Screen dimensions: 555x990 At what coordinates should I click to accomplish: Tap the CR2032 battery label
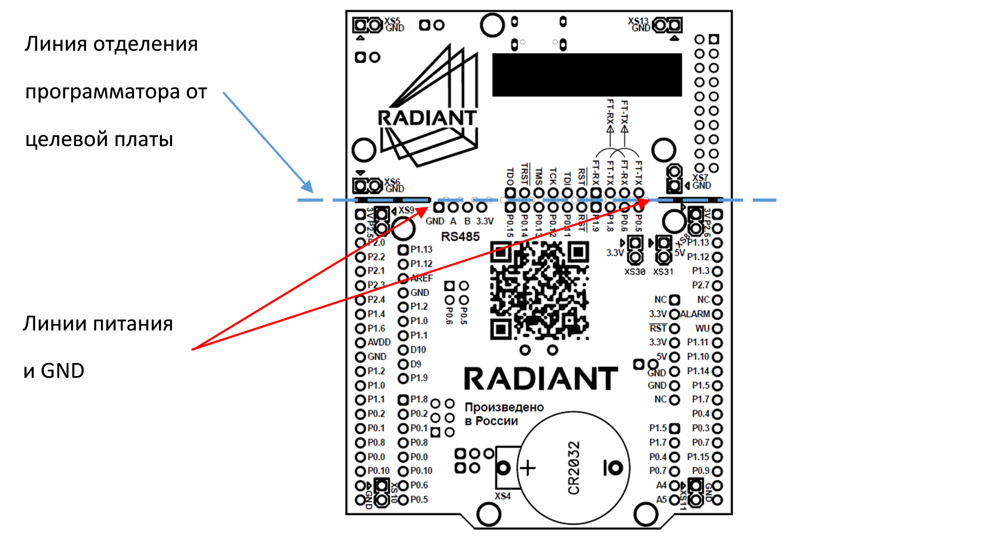[574, 468]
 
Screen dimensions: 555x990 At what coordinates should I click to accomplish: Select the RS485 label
[460, 236]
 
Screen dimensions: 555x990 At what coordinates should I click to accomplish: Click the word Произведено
[504, 407]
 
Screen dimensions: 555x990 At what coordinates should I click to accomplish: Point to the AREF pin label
[422, 278]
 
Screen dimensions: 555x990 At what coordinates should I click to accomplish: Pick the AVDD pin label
[379, 342]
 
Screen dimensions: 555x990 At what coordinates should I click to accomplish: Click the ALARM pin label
[695, 314]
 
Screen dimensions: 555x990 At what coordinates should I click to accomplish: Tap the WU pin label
[702, 328]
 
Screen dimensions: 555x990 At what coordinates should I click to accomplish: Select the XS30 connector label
[635, 272]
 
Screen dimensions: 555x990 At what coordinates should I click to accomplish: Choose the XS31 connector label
[663, 272]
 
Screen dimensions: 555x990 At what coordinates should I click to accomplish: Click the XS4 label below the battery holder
[503, 496]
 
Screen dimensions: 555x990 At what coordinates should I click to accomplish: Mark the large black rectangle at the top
[587, 75]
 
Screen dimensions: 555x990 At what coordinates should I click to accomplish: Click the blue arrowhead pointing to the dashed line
[307, 186]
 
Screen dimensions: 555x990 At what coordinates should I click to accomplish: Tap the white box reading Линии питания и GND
[98, 350]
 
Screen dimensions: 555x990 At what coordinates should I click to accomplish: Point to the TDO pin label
[510, 176]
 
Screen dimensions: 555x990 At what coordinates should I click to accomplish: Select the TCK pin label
[553, 176]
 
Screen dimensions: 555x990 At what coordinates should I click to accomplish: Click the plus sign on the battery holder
[528, 468]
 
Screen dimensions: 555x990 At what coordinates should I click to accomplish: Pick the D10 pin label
[418, 350]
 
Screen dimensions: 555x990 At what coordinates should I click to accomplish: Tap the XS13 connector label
[638, 21]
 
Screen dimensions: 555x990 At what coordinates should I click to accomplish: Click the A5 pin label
[661, 499]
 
